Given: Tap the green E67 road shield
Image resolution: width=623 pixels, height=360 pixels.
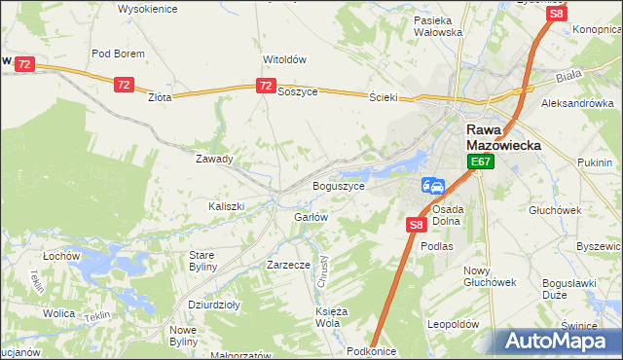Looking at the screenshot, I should click(479, 162).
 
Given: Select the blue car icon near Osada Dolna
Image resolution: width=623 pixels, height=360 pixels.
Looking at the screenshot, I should click(433, 185).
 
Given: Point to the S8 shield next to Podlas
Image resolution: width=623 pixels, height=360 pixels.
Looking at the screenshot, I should click(416, 226).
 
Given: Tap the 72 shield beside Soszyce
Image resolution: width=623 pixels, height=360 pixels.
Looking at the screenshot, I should click(265, 87).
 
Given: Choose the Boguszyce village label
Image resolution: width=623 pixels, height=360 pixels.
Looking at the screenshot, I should click(339, 185).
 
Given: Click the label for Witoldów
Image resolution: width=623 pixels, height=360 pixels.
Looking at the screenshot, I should click(284, 58).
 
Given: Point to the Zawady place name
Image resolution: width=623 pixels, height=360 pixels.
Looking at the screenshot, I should click(214, 159).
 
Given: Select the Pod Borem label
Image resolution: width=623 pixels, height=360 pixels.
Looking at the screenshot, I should click(118, 54).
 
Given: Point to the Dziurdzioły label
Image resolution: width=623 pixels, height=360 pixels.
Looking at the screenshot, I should click(214, 305).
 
